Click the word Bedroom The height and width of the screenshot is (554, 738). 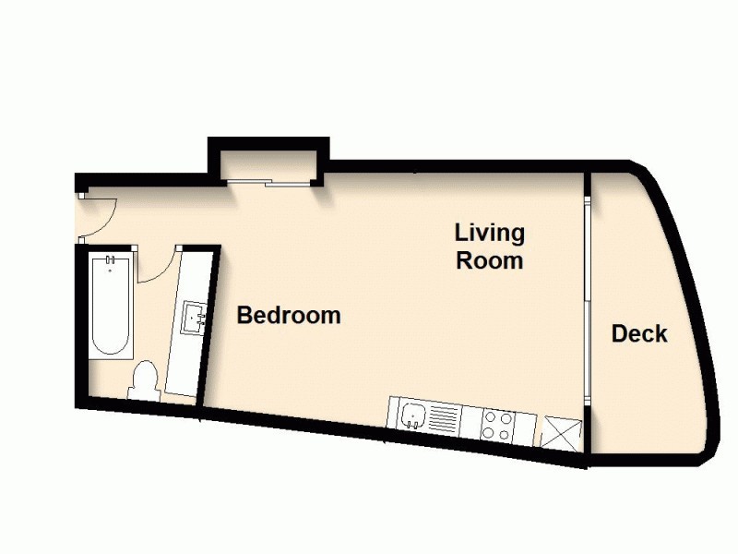pos(289,316)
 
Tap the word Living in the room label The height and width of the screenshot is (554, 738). pos(489,232)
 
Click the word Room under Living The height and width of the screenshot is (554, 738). pos(490,260)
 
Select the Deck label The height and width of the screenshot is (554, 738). pos(639,334)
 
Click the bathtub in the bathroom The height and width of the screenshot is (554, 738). pos(111,307)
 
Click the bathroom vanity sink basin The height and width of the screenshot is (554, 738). pos(196,318)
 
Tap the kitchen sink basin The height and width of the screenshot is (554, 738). pos(412,415)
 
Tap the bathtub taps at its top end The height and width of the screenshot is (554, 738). pos(111,263)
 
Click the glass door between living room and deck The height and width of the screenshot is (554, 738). pos(587,295)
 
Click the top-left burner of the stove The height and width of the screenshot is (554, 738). pos(491,417)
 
